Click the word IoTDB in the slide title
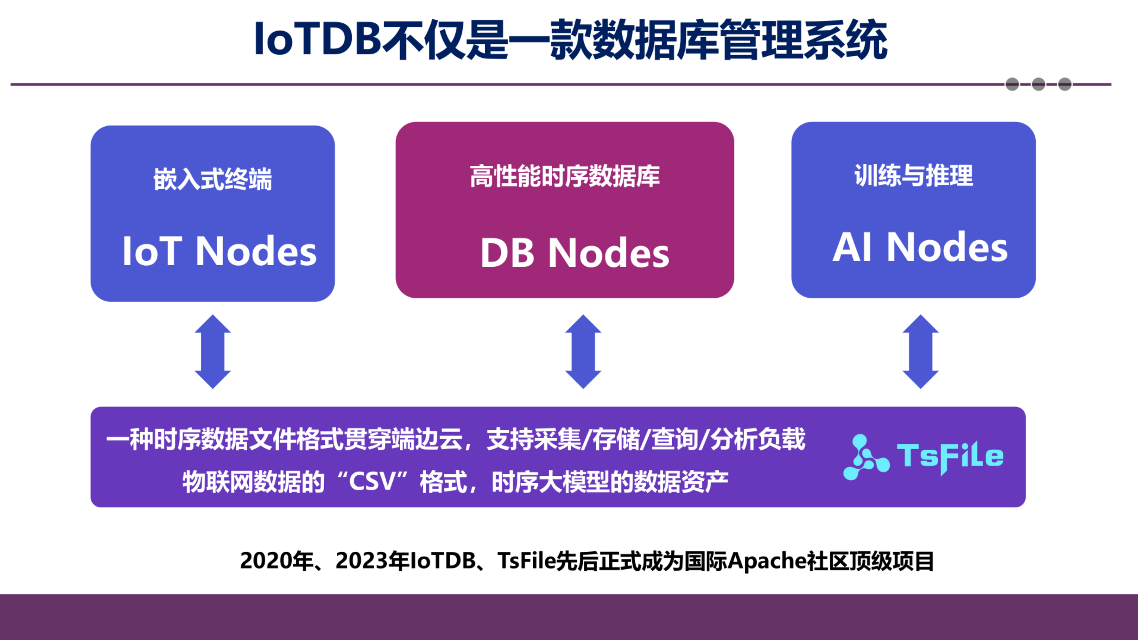point(317,40)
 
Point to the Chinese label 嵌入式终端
point(213,179)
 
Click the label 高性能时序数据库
point(564,176)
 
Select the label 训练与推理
point(914,175)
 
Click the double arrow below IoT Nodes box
point(213,351)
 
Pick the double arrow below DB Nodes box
point(583,351)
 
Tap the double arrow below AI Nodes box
point(920,351)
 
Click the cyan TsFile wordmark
point(950,457)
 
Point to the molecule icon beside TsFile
point(865,457)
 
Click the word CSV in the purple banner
point(372,481)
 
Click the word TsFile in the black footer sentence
point(526,561)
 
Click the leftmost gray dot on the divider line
point(1012,84)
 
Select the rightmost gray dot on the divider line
point(1065,84)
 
